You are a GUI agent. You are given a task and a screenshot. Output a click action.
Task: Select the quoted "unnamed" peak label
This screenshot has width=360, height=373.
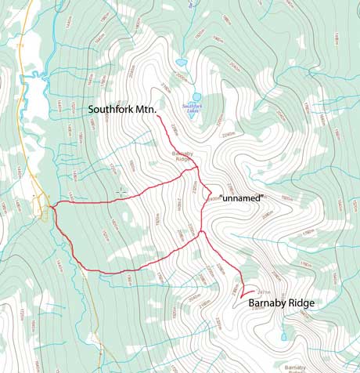coord(242,198)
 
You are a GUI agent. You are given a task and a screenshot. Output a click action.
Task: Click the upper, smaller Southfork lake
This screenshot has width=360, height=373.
coord(182,62)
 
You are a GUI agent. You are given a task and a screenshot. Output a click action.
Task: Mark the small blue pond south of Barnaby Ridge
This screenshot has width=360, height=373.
coord(283,338)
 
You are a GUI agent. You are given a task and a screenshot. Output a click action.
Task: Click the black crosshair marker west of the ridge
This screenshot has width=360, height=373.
coord(121,191)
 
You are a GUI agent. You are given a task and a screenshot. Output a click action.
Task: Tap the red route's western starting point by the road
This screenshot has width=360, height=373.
coord(51,207)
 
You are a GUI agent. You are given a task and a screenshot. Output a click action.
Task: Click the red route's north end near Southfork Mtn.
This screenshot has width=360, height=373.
coord(160,119)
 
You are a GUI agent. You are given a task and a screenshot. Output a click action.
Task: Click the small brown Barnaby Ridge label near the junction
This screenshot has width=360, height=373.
coord(183,156)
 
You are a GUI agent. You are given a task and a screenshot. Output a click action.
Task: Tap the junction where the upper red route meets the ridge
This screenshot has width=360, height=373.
coord(196,168)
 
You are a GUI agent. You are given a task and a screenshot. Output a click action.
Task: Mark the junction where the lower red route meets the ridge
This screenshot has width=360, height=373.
coord(202,233)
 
